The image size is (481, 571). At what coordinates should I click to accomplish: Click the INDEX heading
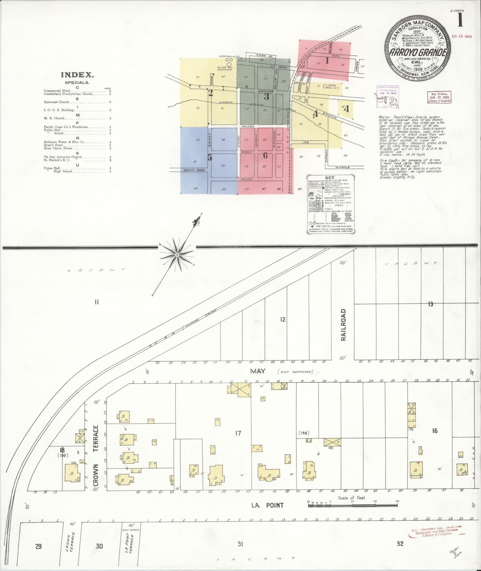[x=77, y=75]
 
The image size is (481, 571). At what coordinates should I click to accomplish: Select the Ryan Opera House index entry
[x=58, y=148]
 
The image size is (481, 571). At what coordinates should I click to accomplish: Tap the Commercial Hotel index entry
[x=57, y=91]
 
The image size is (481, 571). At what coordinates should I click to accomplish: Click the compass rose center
[x=177, y=255]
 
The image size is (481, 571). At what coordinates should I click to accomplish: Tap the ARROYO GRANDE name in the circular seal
[x=417, y=52]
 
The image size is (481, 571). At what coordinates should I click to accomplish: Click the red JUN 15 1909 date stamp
[x=461, y=36]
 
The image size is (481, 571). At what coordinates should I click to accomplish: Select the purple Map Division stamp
[x=440, y=97]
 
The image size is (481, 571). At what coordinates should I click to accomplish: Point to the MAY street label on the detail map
[x=258, y=371]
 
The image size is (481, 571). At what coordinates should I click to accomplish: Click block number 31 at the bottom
[x=240, y=544]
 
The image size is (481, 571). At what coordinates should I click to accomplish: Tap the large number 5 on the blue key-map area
[x=210, y=157]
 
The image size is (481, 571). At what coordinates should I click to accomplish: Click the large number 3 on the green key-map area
[x=266, y=96]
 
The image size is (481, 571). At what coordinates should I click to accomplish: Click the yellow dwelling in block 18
[x=72, y=475]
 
